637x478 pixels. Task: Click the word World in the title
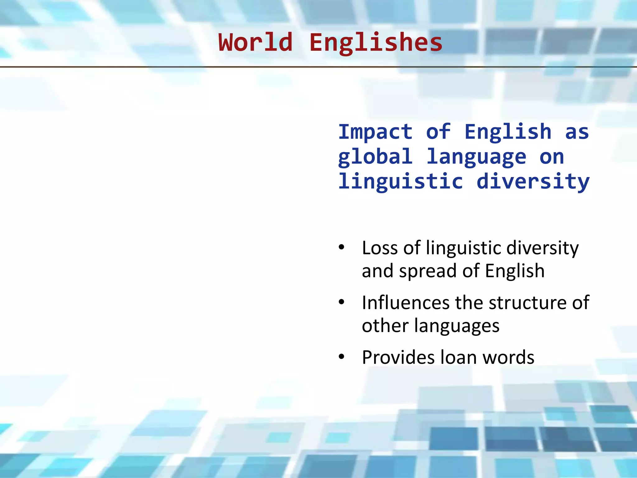pos(256,42)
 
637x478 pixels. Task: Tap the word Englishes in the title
pos(376,43)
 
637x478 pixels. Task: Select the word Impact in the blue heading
pos(375,132)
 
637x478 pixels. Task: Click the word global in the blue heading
pos(375,157)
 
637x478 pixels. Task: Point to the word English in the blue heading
pos(508,132)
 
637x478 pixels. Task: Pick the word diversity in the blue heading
pos(533,182)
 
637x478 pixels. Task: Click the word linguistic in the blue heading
pos(401,182)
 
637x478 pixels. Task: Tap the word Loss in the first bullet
pos(380,248)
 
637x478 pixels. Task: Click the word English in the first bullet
pos(515,271)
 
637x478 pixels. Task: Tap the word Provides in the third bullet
pos(398,357)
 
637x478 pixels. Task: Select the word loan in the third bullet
pos(459,357)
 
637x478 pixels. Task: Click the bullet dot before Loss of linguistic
pos(342,248)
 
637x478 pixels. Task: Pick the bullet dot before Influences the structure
pos(342,302)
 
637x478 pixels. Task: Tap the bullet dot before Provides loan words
pos(342,357)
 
